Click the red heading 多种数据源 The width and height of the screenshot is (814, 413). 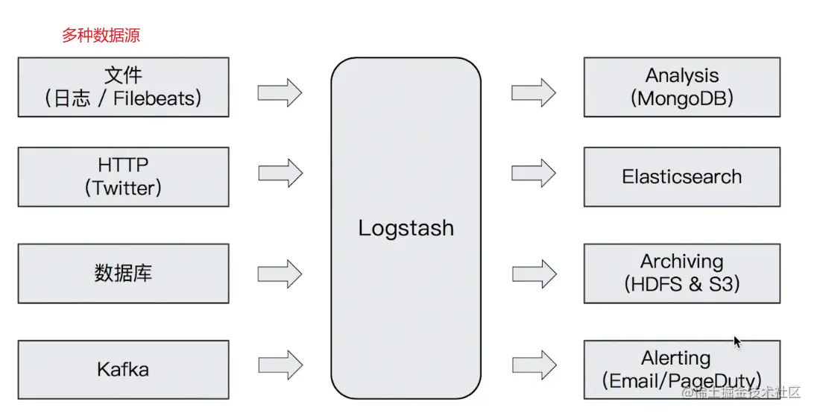pos(101,36)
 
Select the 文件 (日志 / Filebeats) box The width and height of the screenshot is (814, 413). pos(123,87)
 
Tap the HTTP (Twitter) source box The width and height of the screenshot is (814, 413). pos(123,177)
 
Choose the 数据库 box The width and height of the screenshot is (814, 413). pos(123,273)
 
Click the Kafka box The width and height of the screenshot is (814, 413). pos(123,369)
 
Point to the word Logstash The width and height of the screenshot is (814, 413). pos(406,228)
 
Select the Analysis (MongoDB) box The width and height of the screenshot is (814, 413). pos(681,87)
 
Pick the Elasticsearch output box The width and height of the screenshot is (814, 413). pos(681,177)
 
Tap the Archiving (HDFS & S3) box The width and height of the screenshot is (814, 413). pos(681,273)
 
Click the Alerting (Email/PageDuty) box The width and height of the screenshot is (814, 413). pos(681,369)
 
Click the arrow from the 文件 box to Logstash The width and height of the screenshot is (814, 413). pos(280,93)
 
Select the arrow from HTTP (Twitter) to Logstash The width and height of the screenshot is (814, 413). pos(280,173)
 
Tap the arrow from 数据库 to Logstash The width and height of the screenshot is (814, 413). pos(280,273)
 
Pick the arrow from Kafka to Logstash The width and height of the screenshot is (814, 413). pos(280,365)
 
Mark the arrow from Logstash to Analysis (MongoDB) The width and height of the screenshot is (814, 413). pos(533,93)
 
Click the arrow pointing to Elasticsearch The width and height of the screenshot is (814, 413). pos(533,173)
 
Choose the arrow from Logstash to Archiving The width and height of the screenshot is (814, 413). pos(533,273)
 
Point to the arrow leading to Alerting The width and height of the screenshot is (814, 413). pos(534,365)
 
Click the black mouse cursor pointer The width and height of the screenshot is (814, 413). pos(737,342)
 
